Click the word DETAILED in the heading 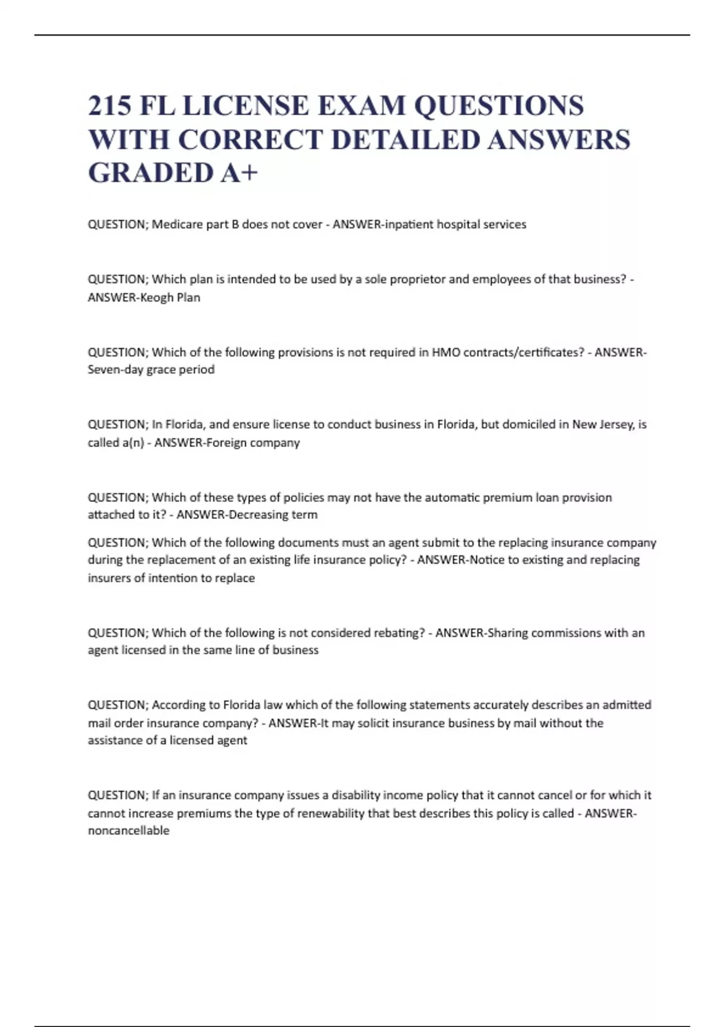click(406, 140)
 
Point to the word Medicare click(176, 224)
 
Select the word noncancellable click(129, 831)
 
